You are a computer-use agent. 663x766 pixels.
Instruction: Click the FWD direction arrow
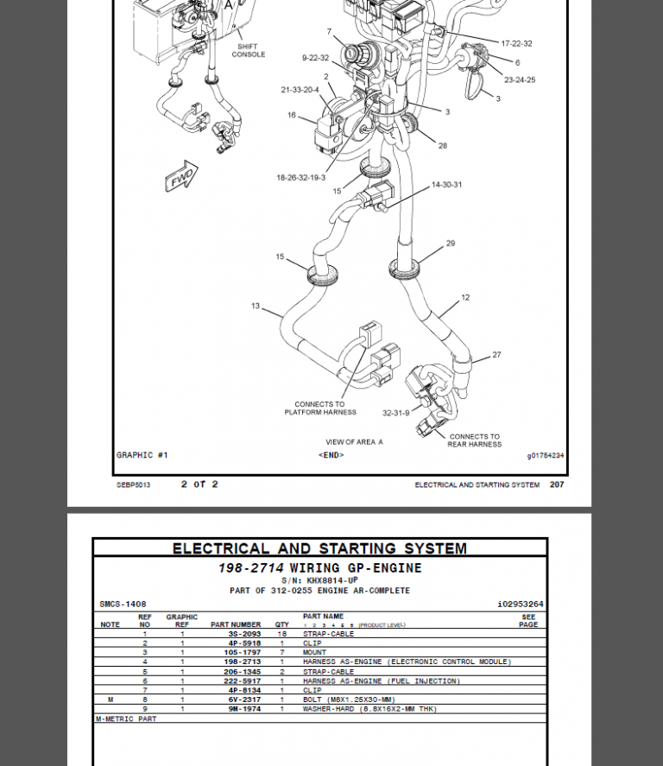point(181,176)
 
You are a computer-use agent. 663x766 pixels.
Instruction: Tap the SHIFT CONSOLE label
point(248,51)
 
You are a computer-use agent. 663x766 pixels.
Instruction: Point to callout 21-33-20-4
point(300,90)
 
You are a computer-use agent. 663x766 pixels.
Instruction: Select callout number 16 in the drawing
point(292,115)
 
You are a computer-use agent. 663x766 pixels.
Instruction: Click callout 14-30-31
point(446,185)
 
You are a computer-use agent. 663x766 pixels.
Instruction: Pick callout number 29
point(450,244)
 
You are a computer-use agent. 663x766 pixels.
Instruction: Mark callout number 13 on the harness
point(256,306)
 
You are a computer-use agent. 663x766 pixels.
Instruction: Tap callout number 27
point(496,355)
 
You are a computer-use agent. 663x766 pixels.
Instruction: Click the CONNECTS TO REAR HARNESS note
point(474,440)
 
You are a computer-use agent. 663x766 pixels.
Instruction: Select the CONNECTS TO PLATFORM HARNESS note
point(320,408)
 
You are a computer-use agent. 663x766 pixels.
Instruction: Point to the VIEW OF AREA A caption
point(354,442)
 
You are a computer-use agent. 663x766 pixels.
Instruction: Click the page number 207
point(557,484)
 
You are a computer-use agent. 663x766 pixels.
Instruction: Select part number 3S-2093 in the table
point(244,634)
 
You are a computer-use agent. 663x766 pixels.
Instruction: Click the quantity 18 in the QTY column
point(281,634)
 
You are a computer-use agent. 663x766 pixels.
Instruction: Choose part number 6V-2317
point(244,700)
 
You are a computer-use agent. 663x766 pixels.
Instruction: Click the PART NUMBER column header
point(236,624)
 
